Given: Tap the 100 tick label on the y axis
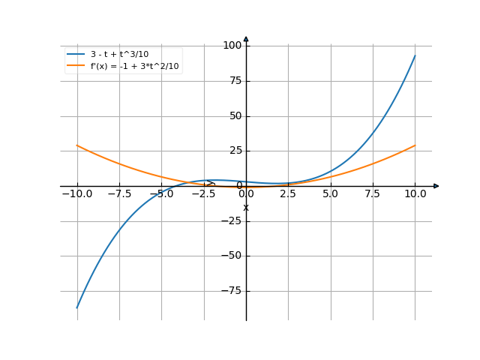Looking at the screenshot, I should (x=232, y=46).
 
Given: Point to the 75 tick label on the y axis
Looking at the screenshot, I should (x=235, y=81).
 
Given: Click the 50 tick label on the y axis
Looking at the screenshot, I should (x=235, y=116).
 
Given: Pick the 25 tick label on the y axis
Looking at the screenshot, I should (x=235, y=151).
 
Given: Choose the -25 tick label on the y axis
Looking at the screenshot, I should (x=232, y=221).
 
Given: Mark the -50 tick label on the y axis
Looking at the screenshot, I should (x=232, y=256).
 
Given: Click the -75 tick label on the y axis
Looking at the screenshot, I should (x=232, y=291).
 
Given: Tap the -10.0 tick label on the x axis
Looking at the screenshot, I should (x=76, y=193).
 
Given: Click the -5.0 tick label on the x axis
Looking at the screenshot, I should (x=161, y=193).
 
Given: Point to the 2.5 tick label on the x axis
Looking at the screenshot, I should (x=288, y=193).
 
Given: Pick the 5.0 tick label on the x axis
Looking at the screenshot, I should (x=330, y=193).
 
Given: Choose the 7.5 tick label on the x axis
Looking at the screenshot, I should (x=373, y=193).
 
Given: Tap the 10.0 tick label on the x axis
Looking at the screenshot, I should (x=415, y=193).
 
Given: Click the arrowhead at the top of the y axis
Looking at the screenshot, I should (x=246, y=39).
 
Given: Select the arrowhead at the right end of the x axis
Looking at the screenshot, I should (x=436, y=186).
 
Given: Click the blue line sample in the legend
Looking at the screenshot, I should (x=75, y=54).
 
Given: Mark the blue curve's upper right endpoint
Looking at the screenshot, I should (x=415, y=56).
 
